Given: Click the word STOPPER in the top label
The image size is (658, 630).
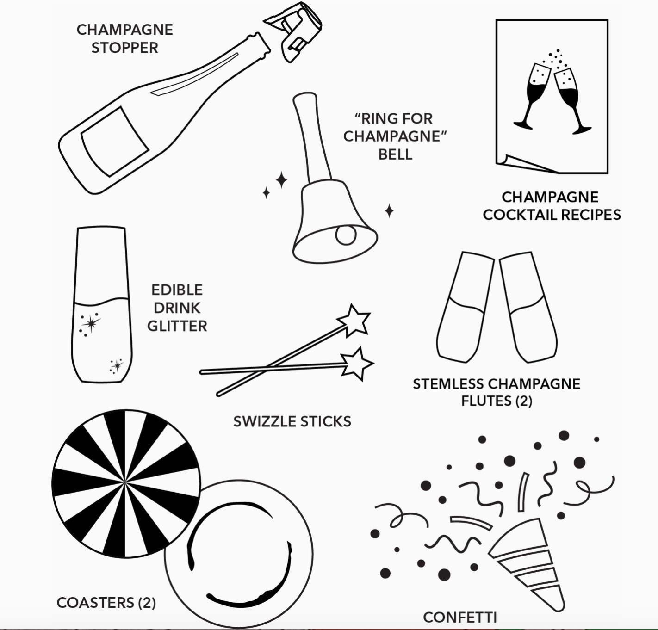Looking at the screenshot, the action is [125, 48].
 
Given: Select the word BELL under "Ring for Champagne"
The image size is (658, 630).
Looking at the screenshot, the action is [395, 154].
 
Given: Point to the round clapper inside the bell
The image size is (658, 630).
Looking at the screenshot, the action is [346, 235].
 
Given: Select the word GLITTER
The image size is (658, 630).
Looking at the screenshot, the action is [177, 326].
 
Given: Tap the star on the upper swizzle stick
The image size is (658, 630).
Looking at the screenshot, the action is [354, 320].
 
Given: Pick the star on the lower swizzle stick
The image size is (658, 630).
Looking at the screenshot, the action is [357, 364].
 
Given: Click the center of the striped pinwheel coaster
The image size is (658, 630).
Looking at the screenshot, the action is [125, 484].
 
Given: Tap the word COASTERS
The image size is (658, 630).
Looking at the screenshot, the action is [95, 603].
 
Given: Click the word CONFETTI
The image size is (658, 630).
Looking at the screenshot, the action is [460, 617].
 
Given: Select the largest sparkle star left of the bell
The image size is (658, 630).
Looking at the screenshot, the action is [281, 180].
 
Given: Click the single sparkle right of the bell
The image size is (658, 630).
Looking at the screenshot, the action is [389, 211].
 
